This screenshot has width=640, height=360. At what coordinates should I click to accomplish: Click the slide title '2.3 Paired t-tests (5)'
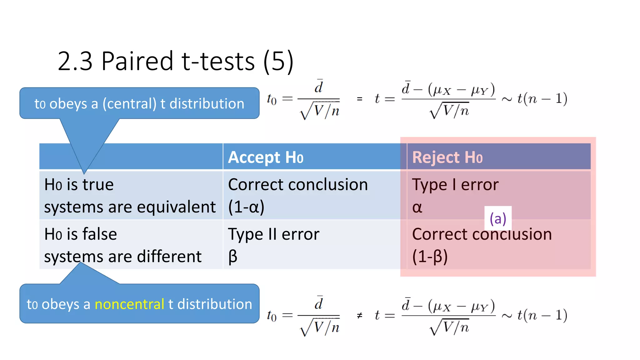pyautogui.click(x=176, y=61)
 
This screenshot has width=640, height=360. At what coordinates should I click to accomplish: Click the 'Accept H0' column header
pyautogui.click(x=266, y=157)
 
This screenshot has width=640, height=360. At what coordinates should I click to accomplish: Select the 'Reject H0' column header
pyautogui.click(x=447, y=157)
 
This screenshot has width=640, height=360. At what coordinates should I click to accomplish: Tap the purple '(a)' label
pyautogui.click(x=498, y=218)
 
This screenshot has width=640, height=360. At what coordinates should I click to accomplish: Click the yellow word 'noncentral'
pyautogui.click(x=129, y=304)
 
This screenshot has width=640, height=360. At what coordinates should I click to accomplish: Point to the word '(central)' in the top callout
pyautogui.click(x=129, y=104)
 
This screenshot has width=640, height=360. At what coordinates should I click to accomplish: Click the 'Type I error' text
pyautogui.click(x=455, y=185)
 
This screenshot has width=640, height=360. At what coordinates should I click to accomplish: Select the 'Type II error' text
pyautogui.click(x=273, y=234)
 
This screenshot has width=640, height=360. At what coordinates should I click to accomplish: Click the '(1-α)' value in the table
pyautogui.click(x=246, y=207)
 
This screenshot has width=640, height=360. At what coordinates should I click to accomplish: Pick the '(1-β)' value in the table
pyautogui.click(x=430, y=257)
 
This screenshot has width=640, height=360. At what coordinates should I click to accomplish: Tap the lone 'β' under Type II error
pyautogui.click(x=233, y=257)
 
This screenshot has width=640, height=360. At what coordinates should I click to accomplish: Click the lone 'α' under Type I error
pyautogui.click(x=417, y=207)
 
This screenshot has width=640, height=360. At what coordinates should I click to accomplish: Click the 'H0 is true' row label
pyautogui.click(x=79, y=185)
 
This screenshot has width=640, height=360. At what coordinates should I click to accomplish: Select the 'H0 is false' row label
pyautogui.click(x=81, y=234)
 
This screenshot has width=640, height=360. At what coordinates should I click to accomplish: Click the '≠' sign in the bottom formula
pyautogui.click(x=360, y=316)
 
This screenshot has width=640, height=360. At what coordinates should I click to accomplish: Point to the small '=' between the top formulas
pyautogui.click(x=360, y=99)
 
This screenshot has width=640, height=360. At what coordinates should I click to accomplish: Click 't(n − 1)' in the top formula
pyautogui.click(x=542, y=99)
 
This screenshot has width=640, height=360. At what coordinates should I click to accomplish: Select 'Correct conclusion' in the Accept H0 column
pyautogui.click(x=298, y=185)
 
